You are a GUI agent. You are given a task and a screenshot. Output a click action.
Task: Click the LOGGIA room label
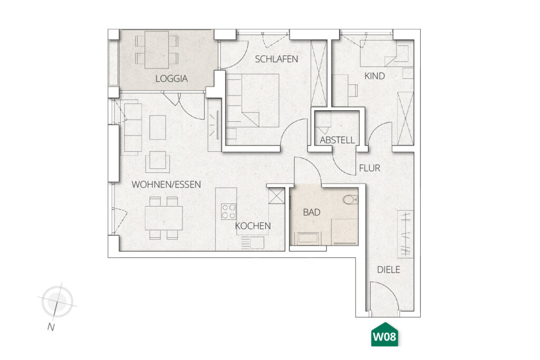(171, 79)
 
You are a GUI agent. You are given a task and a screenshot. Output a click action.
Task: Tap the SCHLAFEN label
(276, 59)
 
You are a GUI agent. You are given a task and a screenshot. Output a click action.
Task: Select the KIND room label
(375, 76)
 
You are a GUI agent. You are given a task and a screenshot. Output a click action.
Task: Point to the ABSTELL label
(337, 140)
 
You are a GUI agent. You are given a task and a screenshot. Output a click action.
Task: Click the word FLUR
(370, 168)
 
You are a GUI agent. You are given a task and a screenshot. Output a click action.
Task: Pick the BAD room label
(312, 212)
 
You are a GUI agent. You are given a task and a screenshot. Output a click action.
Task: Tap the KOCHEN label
(253, 226)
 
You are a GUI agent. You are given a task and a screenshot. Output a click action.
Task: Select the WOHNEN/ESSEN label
(166, 184)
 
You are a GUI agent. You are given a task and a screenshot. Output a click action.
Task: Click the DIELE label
(389, 270)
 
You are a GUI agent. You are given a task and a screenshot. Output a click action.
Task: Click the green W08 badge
(384, 335)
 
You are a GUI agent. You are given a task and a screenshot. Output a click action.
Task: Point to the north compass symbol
(57, 301)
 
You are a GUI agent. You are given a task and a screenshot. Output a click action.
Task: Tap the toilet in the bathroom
(351, 199)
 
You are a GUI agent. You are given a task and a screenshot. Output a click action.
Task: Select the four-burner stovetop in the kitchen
(229, 212)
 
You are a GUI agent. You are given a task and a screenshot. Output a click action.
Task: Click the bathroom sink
(308, 238)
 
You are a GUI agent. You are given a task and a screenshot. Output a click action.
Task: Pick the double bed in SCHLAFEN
(253, 101)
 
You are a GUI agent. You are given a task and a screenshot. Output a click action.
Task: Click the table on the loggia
(157, 50)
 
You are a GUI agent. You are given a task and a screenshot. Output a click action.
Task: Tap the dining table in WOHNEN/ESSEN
(163, 218)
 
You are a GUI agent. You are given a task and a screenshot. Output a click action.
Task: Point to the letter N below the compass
(51, 327)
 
